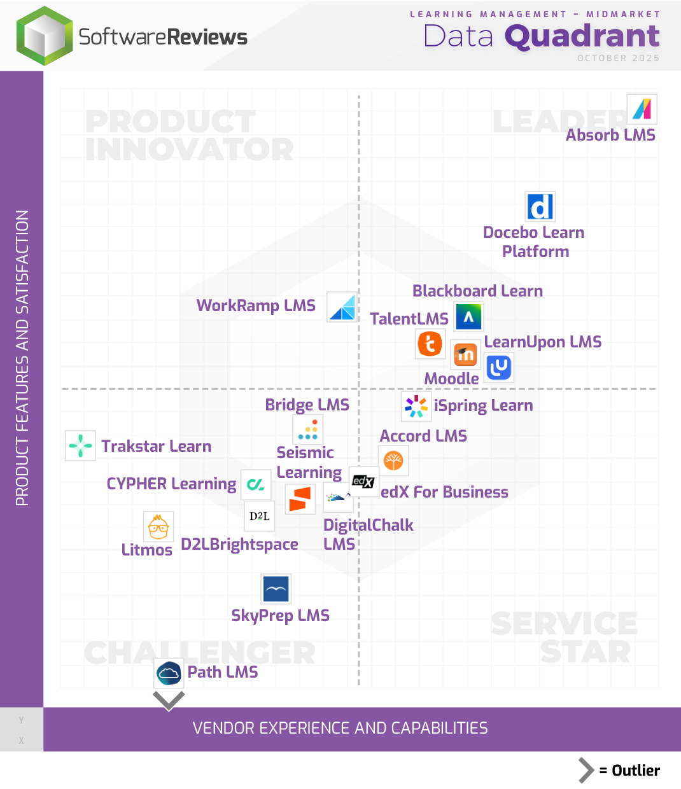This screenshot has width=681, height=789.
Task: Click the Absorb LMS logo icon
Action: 642,109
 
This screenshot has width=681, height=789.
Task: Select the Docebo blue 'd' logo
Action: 540,207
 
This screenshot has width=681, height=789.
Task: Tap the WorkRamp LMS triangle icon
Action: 342,307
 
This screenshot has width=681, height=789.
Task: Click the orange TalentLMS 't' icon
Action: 430,344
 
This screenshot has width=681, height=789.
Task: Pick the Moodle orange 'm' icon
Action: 465,354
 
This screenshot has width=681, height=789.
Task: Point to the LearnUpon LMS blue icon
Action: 498,368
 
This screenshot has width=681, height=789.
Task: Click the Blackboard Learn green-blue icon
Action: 468,317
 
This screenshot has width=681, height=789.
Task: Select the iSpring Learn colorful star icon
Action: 416,406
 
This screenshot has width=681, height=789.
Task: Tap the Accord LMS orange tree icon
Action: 393,461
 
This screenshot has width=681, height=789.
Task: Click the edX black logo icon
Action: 363,482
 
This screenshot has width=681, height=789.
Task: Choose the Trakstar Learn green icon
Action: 81,445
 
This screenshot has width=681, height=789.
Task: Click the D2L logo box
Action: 260,516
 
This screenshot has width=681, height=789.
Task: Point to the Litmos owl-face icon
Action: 158,527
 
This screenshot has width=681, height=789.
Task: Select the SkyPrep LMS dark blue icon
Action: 276,589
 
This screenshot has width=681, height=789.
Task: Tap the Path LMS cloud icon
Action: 169,673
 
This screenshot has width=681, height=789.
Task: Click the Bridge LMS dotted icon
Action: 308,429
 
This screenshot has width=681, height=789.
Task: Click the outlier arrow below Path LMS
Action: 169,701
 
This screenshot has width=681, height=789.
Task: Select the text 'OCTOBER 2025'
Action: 618,58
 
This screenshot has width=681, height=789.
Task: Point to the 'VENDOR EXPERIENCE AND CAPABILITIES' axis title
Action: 340,728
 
